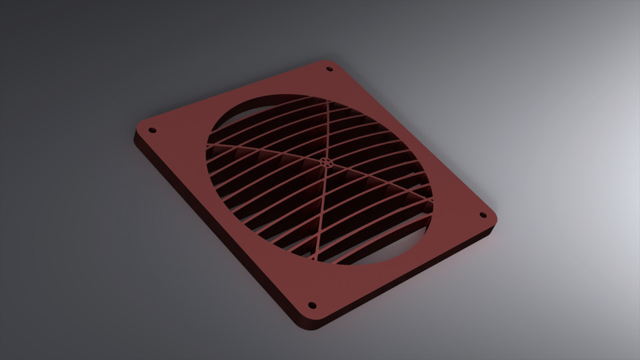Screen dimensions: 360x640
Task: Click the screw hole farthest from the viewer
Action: tap(329, 69)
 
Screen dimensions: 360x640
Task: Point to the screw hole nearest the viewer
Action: tap(312, 306)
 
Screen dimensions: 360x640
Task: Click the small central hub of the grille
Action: tap(325, 161)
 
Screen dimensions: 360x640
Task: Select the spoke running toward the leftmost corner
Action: tap(267, 152)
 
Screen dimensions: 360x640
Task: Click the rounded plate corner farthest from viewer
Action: tap(333, 62)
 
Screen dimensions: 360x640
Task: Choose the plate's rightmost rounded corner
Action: tap(495, 219)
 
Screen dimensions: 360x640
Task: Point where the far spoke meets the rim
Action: tap(328, 98)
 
